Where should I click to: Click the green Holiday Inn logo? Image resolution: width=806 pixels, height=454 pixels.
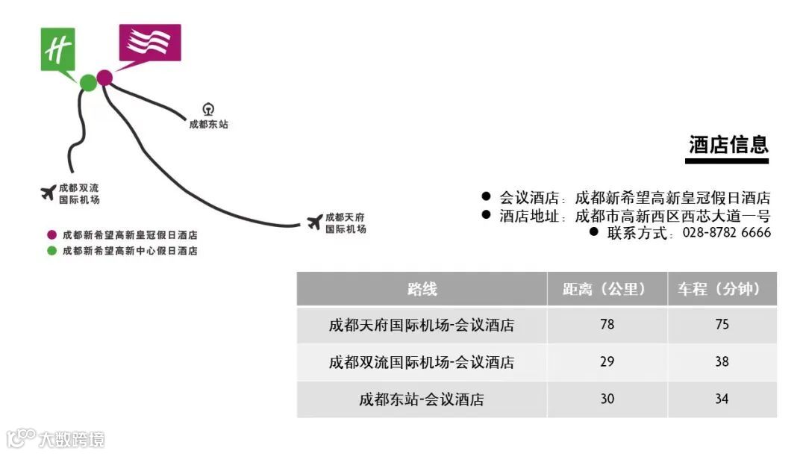(58, 50)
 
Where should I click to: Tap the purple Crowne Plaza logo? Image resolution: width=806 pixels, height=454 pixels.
(149, 43)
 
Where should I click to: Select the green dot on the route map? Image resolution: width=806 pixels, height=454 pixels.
(88, 83)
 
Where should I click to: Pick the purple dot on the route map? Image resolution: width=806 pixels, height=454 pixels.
(104, 77)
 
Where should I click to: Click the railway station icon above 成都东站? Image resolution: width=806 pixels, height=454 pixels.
(208, 110)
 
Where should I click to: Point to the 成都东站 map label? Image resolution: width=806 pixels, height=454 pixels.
(209, 125)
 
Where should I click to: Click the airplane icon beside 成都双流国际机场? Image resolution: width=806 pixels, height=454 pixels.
(49, 193)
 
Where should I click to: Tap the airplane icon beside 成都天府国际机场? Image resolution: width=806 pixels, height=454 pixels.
(315, 222)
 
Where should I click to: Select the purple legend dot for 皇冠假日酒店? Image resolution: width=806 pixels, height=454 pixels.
(51, 234)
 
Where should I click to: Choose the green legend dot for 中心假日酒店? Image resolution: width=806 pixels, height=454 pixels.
(51, 251)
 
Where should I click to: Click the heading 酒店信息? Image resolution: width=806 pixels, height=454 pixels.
(728, 145)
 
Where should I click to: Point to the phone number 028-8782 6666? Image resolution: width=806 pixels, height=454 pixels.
(727, 233)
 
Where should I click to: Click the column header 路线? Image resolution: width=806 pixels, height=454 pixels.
(422, 289)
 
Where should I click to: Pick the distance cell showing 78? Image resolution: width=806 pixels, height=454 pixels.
(607, 325)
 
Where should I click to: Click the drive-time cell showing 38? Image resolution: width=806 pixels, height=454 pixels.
(722, 362)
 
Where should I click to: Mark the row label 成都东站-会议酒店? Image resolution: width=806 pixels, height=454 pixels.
(422, 399)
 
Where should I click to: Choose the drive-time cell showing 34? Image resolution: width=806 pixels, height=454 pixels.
(722, 399)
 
